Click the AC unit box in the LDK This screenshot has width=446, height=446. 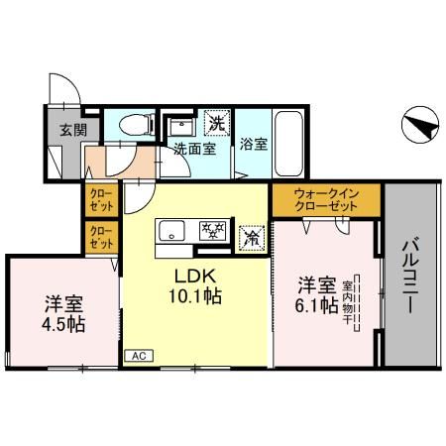point(139,356)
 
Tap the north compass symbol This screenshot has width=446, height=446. point(420,125)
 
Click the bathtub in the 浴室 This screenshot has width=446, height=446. point(289,144)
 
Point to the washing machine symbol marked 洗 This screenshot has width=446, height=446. point(217,123)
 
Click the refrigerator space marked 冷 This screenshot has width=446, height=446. point(252,238)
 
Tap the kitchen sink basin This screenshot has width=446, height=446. point(171,231)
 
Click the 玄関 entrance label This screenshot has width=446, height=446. point(73,130)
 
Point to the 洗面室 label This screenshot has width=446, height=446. point(195,149)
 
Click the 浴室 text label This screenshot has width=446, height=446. point(254,144)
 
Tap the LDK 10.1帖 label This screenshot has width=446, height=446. point(195,286)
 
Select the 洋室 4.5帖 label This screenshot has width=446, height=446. point(63,313)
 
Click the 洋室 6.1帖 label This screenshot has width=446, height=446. point(317,295)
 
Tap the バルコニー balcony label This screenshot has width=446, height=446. point(410,276)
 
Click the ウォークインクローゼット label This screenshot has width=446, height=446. point(326,200)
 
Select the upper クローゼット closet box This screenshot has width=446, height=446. point(101,200)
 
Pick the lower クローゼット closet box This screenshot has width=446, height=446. point(101,237)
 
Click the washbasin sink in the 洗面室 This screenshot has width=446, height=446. point(180,126)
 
